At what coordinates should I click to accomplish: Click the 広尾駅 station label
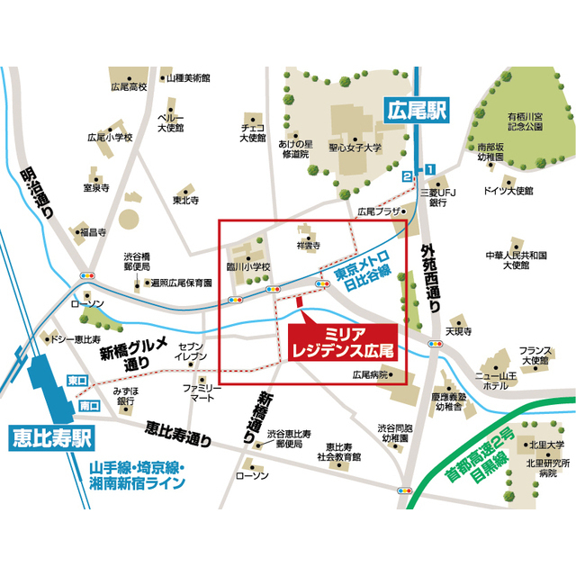click(x=415, y=112)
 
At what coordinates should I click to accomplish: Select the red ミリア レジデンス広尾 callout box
click(x=342, y=341)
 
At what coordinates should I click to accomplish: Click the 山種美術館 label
click(x=188, y=78)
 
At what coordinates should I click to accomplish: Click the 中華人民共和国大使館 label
click(x=516, y=260)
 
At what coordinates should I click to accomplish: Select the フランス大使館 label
click(x=535, y=354)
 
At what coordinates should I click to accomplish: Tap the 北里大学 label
click(x=547, y=444)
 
